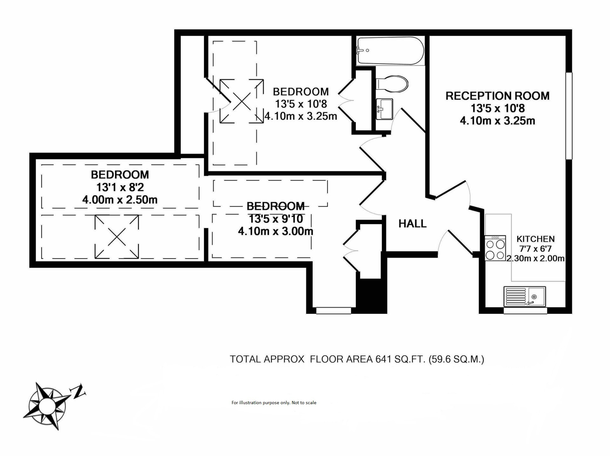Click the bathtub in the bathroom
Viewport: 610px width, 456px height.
[x=390, y=51]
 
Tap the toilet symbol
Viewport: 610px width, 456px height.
[x=392, y=84]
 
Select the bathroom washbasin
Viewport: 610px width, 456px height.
[x=384, y=109]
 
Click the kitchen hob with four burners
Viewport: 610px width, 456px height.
[x=495, y=248]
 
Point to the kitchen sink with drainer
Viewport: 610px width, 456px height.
[x=525, y=296]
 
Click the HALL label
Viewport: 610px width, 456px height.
[x=412, y=224]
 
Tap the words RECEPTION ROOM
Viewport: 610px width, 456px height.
[x=498, y=96]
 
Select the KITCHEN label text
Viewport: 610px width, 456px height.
[x=536, y=239]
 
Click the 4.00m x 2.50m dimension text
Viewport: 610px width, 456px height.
[x=120, y=200]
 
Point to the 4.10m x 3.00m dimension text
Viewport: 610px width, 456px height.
[x=275, y=231]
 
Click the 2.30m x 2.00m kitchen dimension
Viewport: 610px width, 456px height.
[x=535, y=258]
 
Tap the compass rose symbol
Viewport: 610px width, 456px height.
[x=47, y=406]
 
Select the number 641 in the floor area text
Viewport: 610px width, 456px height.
[x=383, y=359]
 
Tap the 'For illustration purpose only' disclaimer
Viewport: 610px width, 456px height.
[x=274, y=403]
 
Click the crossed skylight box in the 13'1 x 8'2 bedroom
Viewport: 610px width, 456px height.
[x=117, y=237]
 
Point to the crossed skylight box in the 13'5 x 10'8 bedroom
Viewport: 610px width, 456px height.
[x=242, y=101]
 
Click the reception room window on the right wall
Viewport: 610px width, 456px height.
[x=569, y=116]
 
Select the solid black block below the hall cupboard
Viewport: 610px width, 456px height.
[x=371, y=295]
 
